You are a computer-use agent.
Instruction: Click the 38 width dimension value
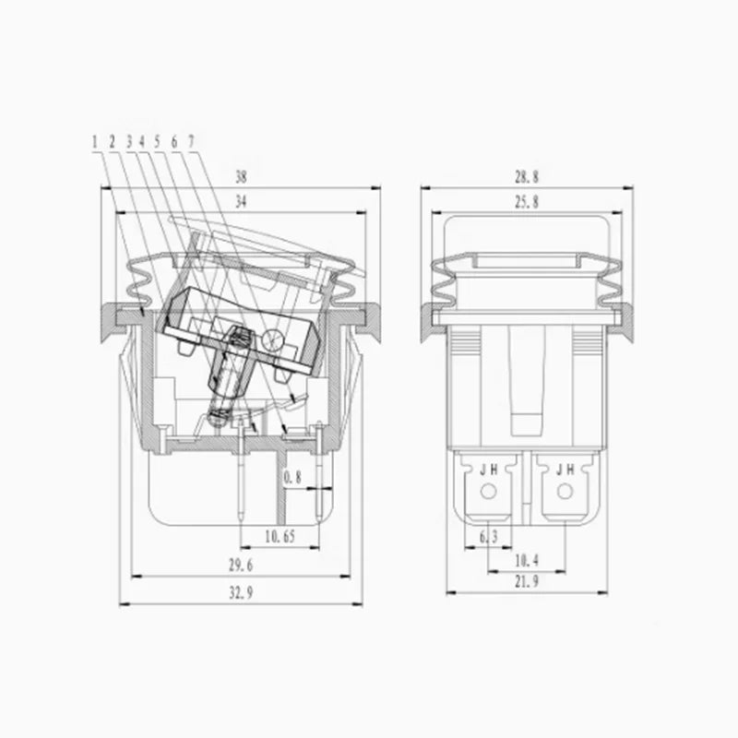241,177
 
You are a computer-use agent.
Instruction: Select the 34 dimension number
241,202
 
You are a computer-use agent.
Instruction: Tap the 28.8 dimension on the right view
526,177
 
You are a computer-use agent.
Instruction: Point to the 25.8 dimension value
526,202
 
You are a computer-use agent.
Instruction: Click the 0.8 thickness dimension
292,478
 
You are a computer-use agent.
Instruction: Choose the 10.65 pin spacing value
280,536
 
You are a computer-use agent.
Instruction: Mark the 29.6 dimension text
241,565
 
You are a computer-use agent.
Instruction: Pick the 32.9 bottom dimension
241,592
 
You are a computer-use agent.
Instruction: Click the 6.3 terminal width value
489,536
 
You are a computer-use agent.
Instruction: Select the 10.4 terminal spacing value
526,561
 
